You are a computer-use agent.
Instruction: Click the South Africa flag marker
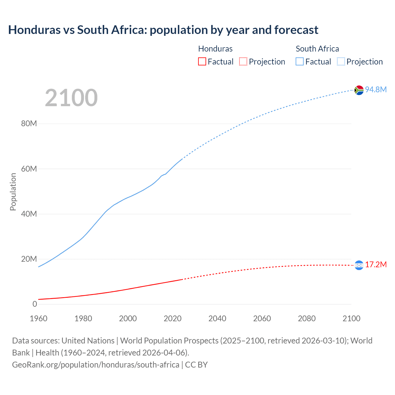point(359,90)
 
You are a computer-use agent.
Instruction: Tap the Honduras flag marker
point(359,265)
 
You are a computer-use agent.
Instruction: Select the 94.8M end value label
point(376,89)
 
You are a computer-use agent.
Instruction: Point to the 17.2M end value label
point(376,264)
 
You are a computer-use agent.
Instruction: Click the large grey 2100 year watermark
point(71,98)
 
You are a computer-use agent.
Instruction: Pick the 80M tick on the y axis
point(29,124)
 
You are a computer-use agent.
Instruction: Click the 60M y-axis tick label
point(29,169)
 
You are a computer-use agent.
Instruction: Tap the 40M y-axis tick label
point(29,214)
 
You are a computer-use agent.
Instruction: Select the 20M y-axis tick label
point(29,259)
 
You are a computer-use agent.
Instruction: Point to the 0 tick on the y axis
point(35,304)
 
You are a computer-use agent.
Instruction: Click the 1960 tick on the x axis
point(39,318)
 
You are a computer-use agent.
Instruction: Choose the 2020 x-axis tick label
point(173,318)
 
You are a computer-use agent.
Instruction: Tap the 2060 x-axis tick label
point(262,318)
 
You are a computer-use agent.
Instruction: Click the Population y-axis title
point(13,192)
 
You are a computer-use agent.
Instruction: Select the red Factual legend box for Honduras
point(202,61)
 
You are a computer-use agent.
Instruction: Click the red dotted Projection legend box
point(243,61)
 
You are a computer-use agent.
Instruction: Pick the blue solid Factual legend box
point(300,61)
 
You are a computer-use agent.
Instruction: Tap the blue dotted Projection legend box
point(341,61)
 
